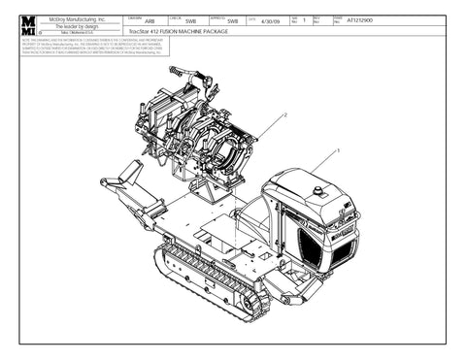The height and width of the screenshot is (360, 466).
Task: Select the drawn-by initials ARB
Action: pyautogui.click(x=149, y=21)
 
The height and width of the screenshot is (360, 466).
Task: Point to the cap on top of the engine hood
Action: pyautogui.click(x=317, y=187)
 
